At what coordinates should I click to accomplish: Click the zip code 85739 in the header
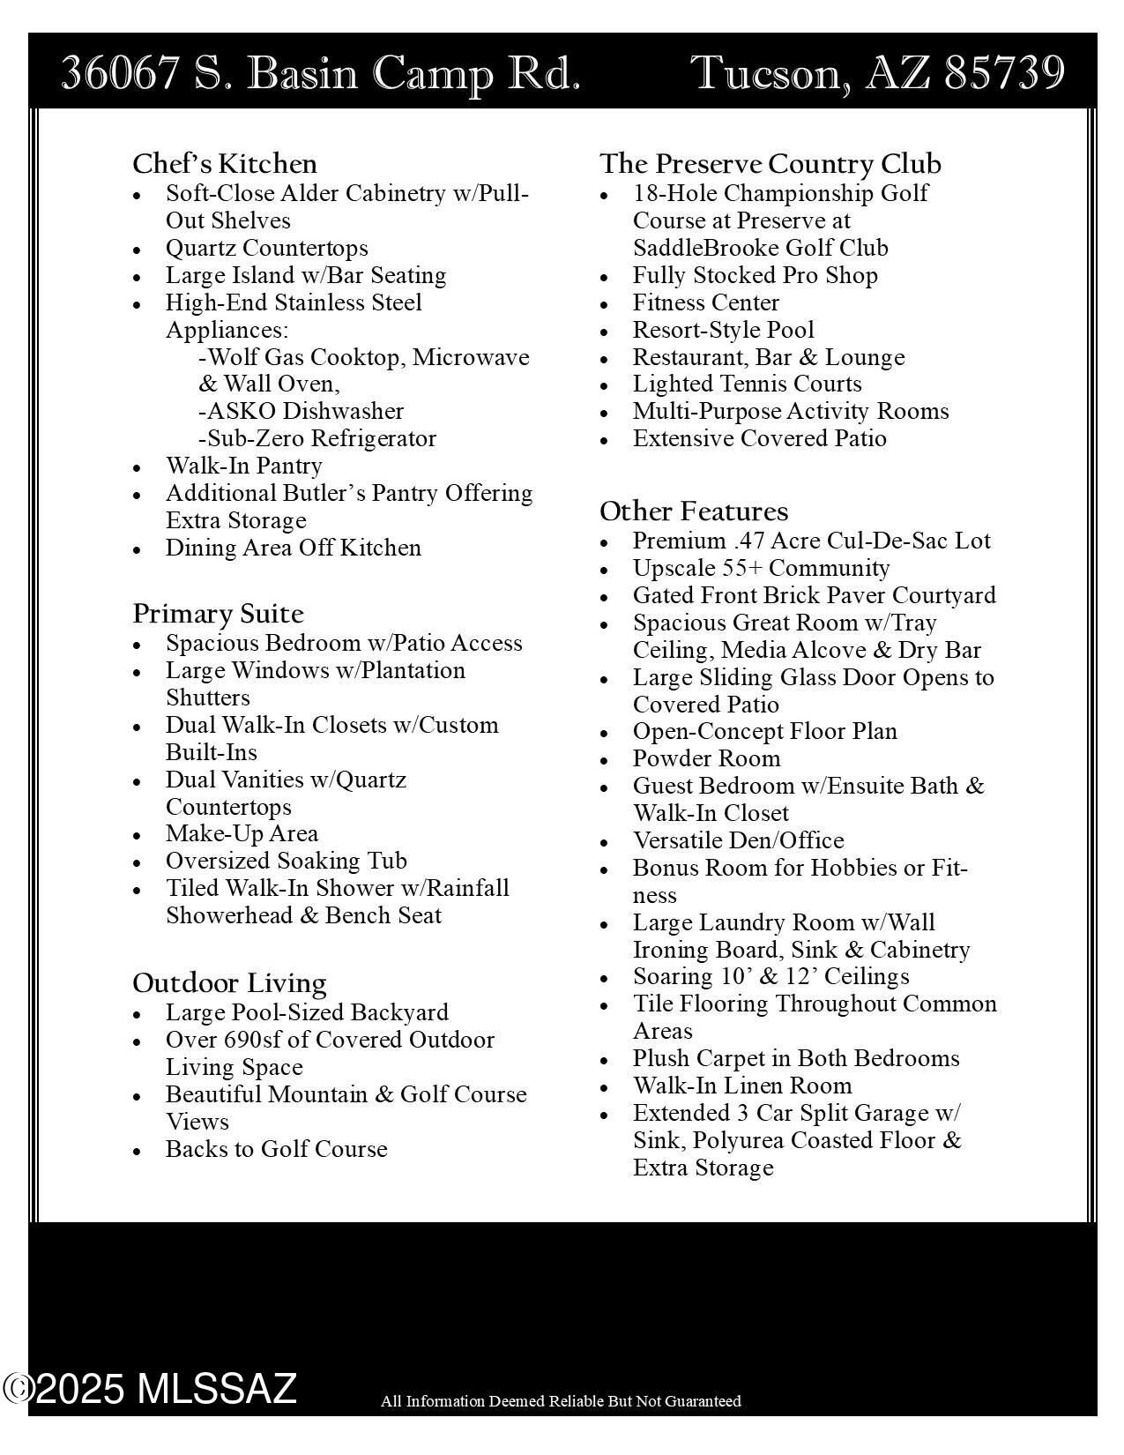[1004, 72]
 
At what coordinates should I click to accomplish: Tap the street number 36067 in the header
[120, 72]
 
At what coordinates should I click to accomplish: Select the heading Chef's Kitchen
[225, 164]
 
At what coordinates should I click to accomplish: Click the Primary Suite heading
[218, 614]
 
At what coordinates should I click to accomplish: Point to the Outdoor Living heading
[229, 983]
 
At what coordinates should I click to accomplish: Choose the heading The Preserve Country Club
[770, 164]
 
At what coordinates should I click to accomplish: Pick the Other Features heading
[694, 511]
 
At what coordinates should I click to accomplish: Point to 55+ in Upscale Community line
[741, 568]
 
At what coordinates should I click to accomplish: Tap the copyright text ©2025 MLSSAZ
[150, 1389]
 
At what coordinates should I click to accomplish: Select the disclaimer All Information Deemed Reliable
[561, 1401]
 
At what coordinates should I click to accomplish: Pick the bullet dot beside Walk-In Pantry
[137, 467]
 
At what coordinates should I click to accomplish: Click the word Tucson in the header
[767, 72]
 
